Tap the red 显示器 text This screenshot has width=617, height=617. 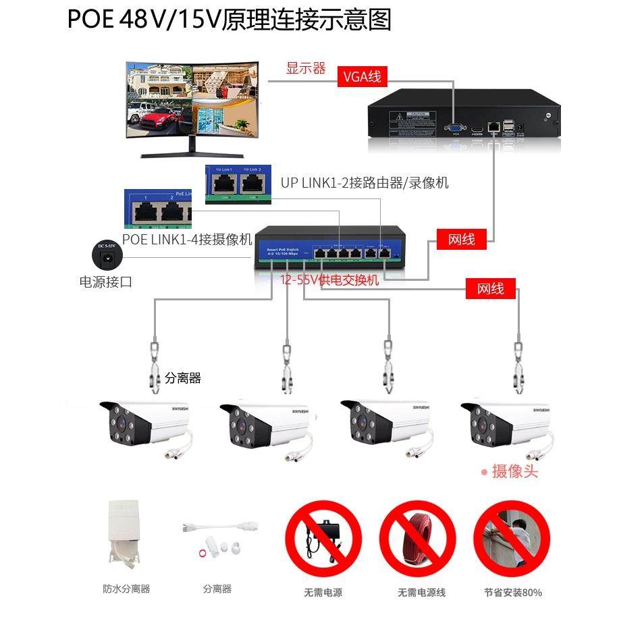pos(306,68)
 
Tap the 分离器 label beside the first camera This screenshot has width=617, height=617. pos(183,379)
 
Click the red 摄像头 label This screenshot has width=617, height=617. pos(514,471)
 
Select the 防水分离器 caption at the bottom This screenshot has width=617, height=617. pos(126,589)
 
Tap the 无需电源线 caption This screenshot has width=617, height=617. pos(422,593)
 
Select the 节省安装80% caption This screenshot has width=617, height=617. pos(513,593)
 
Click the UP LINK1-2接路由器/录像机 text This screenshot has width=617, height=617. pos(365,183)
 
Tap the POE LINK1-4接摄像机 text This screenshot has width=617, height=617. pos(187,240)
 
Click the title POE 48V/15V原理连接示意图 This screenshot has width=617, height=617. pos(230,20)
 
